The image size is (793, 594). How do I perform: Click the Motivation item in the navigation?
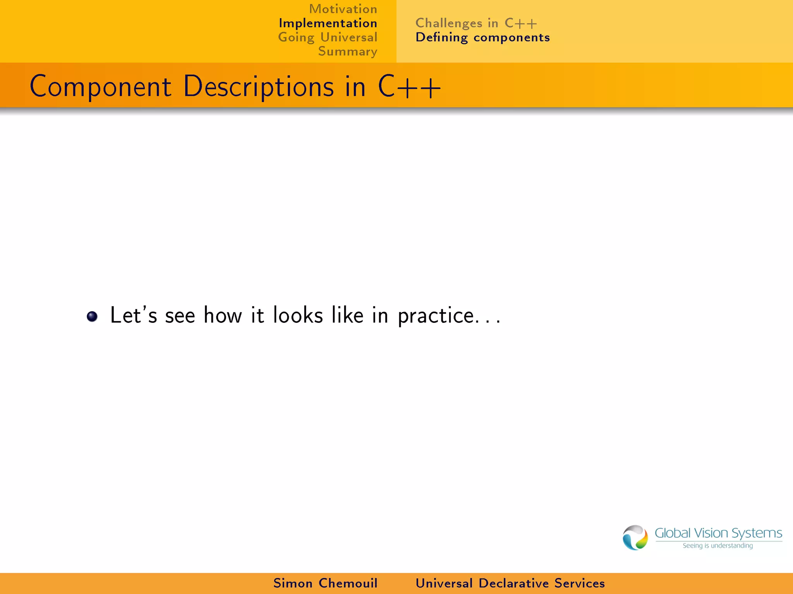click(343, 9)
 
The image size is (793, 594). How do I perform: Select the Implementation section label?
click(328, 23)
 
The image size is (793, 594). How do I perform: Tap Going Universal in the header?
click(328, 38)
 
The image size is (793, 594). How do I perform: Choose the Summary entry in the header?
click(348, 51)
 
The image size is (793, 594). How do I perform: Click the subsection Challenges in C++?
click(476, 23)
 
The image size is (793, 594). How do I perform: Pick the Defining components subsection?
click(482, 38)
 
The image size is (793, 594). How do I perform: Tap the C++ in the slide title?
click(409, 87)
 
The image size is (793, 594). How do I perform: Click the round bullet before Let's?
click(92, 316)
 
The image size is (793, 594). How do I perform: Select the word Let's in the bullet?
click(134, 315)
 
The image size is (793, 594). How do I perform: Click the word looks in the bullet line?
click(298, 315)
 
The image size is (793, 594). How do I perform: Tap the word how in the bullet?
click(223, 315)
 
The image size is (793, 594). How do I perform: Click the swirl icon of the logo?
click(635, 538)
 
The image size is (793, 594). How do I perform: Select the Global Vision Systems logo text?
click(718, 533)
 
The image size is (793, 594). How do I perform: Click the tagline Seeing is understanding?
click(717, 546)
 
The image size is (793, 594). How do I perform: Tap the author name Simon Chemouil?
click(325, 583)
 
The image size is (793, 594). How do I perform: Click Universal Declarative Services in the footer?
click(510, 583)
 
